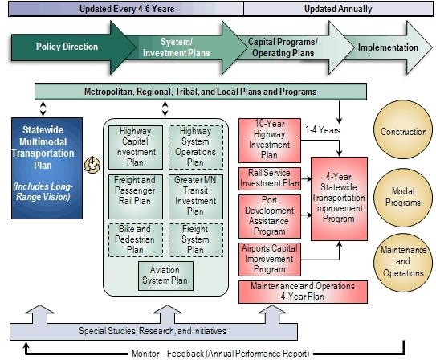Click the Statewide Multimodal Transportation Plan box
tap(47, 168)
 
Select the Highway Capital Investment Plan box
tap(136, 147)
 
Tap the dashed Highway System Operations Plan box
tap(196, 147)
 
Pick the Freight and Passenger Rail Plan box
tap(136, 197)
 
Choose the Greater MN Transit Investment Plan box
tap(196, 197)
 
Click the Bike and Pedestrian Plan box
tap(136, 240)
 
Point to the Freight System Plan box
tap(196, 240)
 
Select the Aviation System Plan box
tap(165, 276)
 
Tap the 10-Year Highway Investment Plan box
tap(270, 141)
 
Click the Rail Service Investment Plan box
tap(270, 178)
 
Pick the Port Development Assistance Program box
tap(270, 216)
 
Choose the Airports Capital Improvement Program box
tap(270, 260)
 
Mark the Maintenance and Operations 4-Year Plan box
tap(303, 292)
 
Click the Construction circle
tap(403, 129)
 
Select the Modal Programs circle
tap(403, 198)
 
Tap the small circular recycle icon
tap(92, 165)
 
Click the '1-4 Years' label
tap(323, 130)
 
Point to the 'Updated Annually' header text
tap(338, 9)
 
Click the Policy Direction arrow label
tap(67, 47)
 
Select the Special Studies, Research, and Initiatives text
tap(153, 331)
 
